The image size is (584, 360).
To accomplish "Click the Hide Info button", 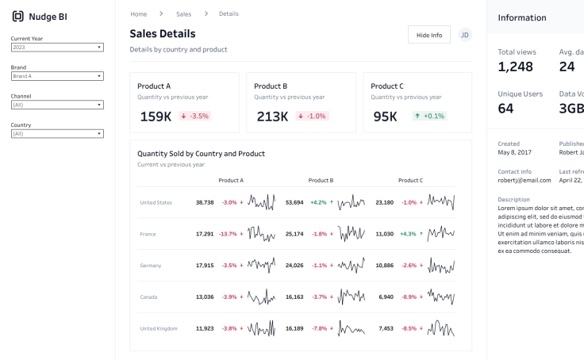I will pyautogui.click(x=429, y=35).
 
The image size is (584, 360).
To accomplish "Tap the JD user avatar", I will pyautogui.click(x=465, y=35).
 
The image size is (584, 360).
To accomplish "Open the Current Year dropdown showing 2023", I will pyautogui.click(x=57, y=47).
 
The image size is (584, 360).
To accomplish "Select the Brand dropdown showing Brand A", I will pyautogui.click(x=57, y=76).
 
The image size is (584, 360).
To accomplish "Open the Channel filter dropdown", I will pyautogui.click(x=57, y=105).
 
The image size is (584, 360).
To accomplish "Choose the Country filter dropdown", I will pyautogui.click(x=57, y=133).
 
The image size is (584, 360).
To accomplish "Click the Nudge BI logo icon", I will pyautogui.click(x=17, y=16).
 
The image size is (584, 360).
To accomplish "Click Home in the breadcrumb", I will pyautogui.click(x=139, y=14).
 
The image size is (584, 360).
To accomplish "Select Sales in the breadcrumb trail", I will pyautogui.click(x=183, y=14).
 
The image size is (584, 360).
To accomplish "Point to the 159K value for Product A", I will pyautogui.click(x=156, y=117).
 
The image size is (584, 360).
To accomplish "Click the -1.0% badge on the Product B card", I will pyautogui.click(x=313, y=116).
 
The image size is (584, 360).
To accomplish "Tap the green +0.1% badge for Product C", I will pyautogui.click(x=429, y=116).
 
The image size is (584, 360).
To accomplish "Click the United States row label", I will pyautogui.click(x=156, y=202).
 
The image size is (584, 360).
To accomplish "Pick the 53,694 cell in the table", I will pyautogui.click(x=294, y=202).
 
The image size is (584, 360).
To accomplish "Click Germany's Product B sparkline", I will pyautogui.click(x=352, y=265).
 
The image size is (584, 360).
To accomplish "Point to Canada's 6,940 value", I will pyautogui.click(x=386, y=297).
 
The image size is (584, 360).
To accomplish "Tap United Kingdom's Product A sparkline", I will pyautogui.click(x=261, y=328).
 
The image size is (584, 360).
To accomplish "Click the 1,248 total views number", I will pyautogui.click(x=516, y=67).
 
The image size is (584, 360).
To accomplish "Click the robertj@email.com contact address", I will pyautogui.click(x=524, y=180).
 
